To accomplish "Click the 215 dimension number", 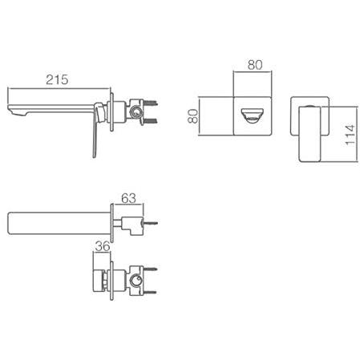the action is [x=57, y=79].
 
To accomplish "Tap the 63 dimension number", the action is [x=128, y=198].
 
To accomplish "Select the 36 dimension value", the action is [x=103, y=246].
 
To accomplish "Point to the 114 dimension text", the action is [x=350, y=135].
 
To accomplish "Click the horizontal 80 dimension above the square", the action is [x=255, y=65].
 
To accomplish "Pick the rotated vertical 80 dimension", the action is [x=193, y=116].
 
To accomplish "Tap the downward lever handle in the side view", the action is [x=95, y=130].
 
